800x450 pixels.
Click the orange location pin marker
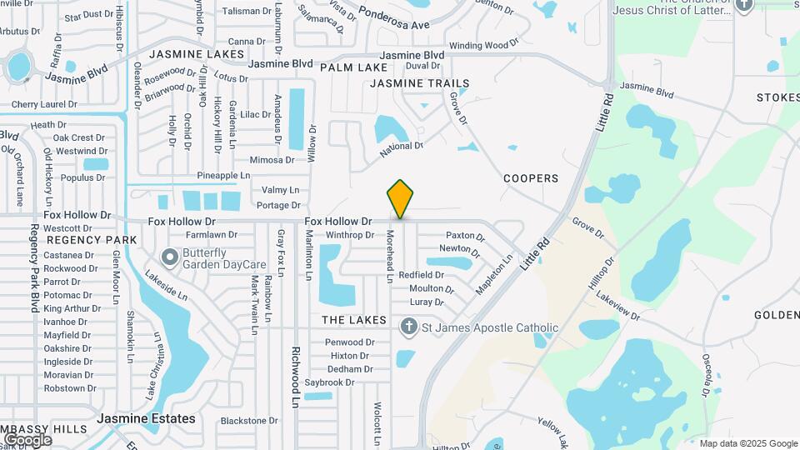pos(400,198)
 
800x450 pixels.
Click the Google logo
pos(27,439)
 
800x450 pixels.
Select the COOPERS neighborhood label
pos(531,178)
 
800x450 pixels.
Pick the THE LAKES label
pos(354,320)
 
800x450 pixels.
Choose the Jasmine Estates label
pos(146,418)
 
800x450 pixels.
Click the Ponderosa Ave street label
pos(395,19)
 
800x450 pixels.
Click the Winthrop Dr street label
pos(350,235)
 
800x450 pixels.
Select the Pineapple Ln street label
pos(223,176)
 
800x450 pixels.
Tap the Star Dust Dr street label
pos(88,15)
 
